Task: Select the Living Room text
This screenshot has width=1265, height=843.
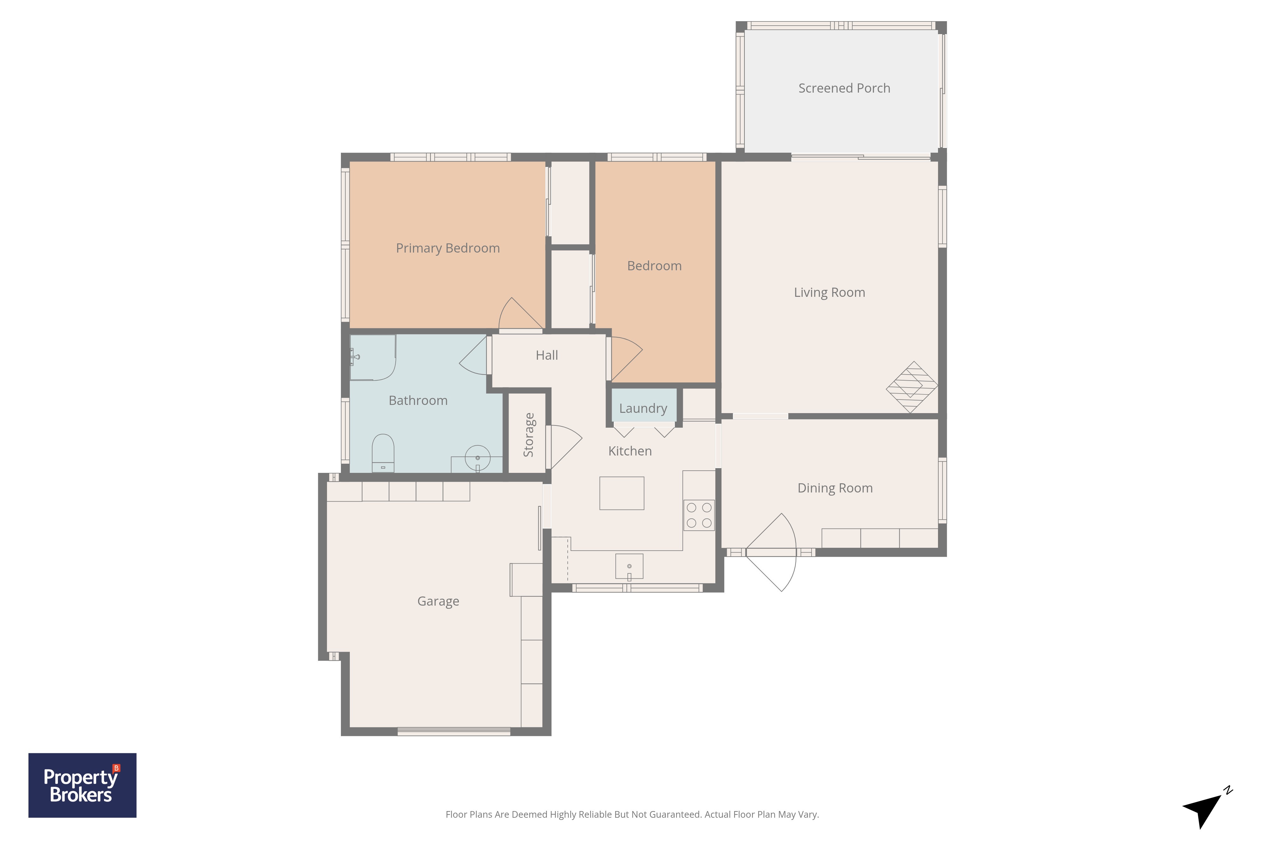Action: coord(829,292)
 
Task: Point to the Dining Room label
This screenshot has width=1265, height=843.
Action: coord(835,488)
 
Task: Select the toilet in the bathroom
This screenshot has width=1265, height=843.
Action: coord(383,453)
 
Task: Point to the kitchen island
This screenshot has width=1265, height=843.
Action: coord(622,493)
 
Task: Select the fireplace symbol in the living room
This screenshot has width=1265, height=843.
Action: coord(912,387)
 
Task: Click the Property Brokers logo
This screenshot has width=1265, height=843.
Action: coord(82,785)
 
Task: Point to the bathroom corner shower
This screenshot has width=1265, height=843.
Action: coord(373,357)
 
